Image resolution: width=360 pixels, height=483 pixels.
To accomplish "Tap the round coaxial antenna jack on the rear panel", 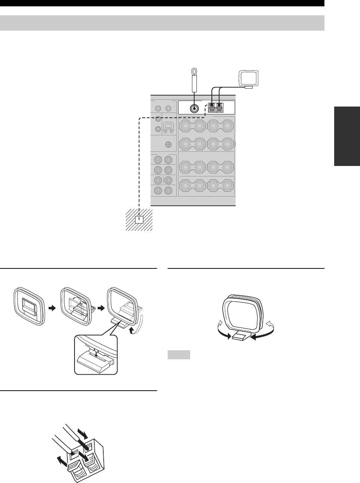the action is point(194,108).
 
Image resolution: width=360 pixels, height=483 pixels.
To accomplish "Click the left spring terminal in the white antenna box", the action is point(212,108).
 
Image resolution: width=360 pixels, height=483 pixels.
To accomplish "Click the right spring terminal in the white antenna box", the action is point(220,108).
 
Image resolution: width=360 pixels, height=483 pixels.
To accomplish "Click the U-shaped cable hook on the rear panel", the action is point(168,128).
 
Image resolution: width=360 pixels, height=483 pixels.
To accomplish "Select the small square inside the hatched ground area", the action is point(140,220).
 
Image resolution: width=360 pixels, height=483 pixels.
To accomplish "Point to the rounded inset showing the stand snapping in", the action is point(96,354).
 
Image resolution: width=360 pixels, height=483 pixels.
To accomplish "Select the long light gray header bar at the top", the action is point(162,23).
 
